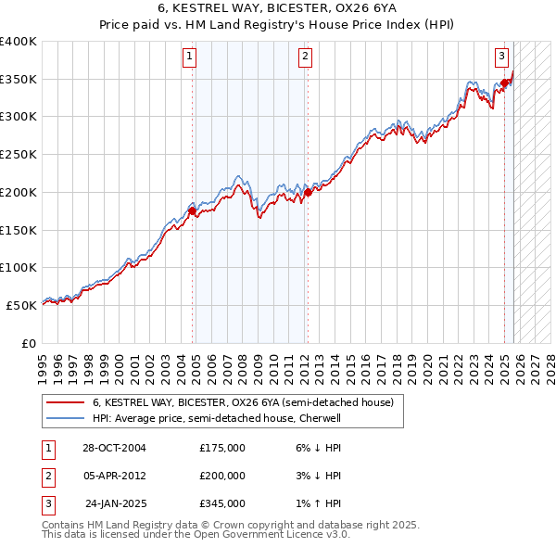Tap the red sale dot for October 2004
pos(193,211)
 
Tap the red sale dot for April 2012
pos(308,193)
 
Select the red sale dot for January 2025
pos(505,83)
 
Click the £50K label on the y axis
pos(21,305)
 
